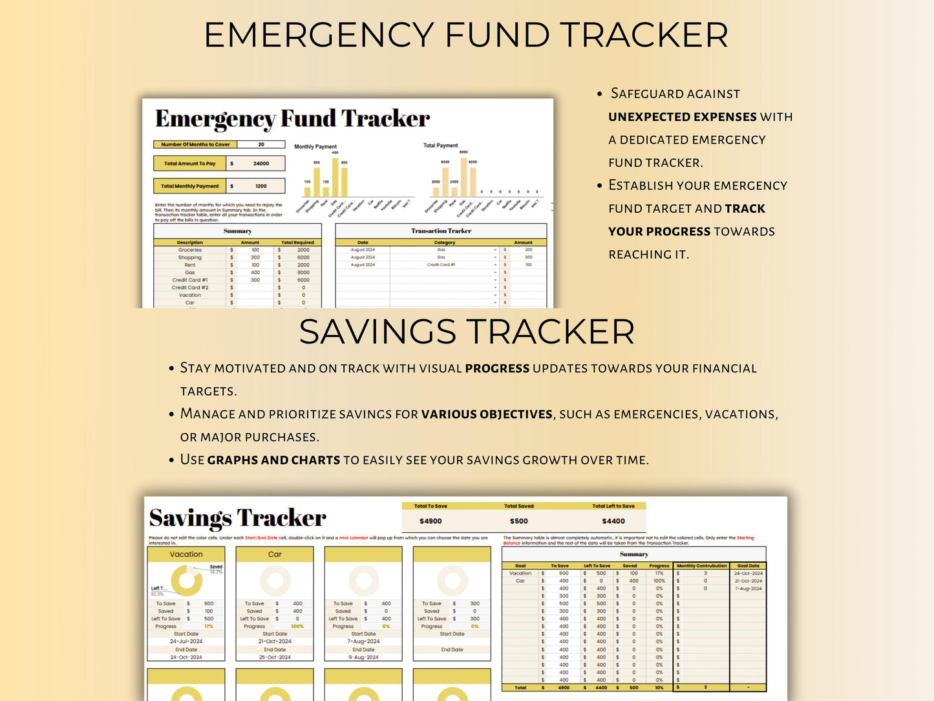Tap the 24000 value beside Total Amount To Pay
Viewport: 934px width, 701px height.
coord(260,164)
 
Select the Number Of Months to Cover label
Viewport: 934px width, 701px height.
coord(195,144)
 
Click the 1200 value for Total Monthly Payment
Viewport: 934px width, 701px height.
coord(260,186)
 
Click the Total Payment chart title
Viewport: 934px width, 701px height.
coord(440,146)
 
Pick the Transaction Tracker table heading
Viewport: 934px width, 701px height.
coord(441,231)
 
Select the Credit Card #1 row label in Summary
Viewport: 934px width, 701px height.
coord(190,280)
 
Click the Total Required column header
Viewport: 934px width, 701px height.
coord(297,243)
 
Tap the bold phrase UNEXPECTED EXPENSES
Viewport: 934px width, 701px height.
coord(682,117)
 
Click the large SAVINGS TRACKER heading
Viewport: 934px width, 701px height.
coord(467,332)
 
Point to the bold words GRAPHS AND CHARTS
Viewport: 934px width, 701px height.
coord(273,460)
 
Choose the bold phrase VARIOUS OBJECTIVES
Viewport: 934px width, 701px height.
coord(487,415)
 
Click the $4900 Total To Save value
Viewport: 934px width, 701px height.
coord(430,521)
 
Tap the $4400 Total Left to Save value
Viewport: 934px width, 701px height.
coord(613,521)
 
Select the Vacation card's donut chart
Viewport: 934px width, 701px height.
coord(186,581)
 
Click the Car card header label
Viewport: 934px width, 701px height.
coord(275,554)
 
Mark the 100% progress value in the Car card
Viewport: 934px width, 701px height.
coord(297,626)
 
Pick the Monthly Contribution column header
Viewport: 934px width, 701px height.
coord(701,566)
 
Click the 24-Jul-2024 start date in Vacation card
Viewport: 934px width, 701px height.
coord(186,642)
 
